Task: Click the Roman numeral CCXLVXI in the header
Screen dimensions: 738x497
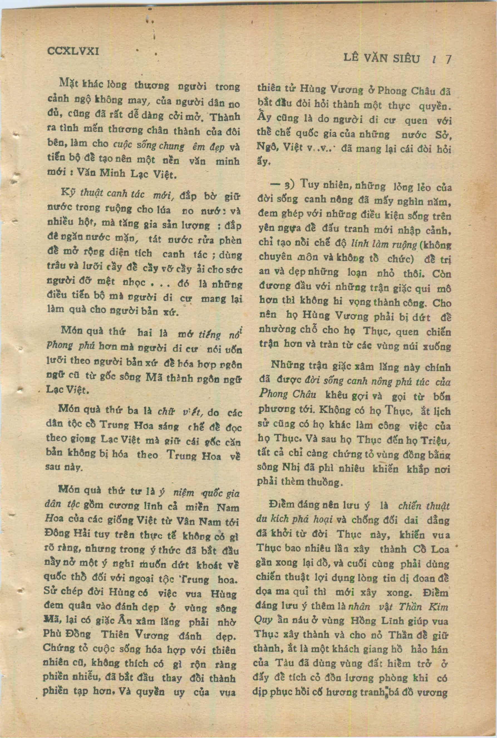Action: click(x=73, y=51)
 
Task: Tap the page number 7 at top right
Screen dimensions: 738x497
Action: click(x=448, y=60)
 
